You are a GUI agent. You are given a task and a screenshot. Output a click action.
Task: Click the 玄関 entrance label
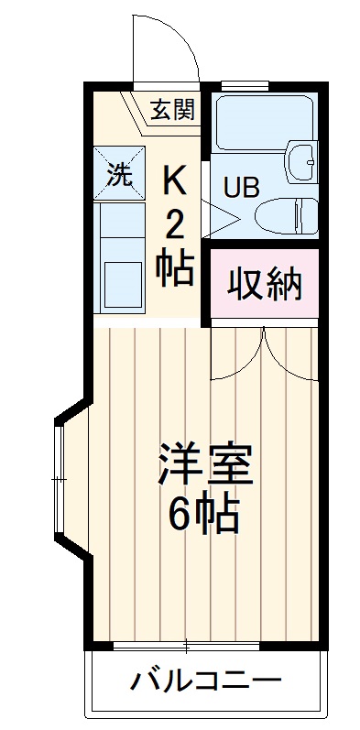coord(171,111)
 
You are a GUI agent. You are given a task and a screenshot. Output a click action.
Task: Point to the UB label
coord(242,186)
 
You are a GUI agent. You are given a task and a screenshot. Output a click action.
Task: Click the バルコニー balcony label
coord(203,681)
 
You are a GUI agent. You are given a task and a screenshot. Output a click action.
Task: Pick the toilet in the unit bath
coord(286,216)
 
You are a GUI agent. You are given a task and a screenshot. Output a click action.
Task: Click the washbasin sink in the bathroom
coord(300,161)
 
